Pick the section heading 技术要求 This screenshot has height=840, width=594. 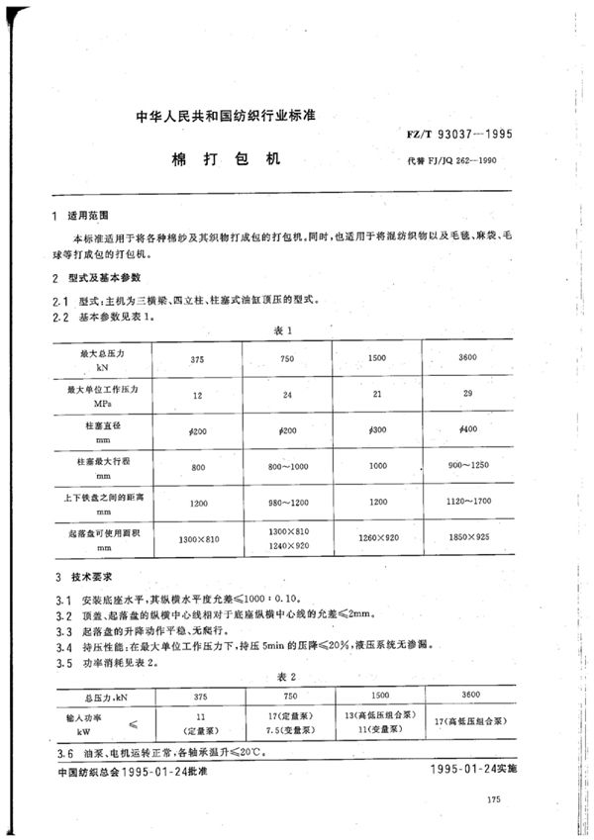(89, 575)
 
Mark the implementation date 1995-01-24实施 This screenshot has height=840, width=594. (477, 769)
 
